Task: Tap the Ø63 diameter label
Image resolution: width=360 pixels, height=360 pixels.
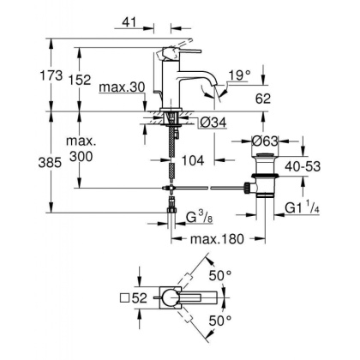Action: pos(267,139)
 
